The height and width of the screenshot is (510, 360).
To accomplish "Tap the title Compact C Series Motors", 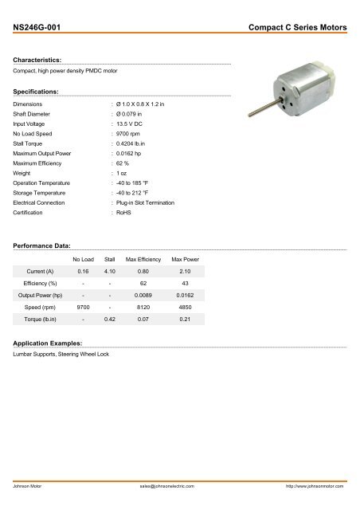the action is (x=298, y=28).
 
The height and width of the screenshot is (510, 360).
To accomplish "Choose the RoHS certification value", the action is (x=123, y=214).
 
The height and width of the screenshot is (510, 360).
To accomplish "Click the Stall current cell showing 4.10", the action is (x=111, y=273).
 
